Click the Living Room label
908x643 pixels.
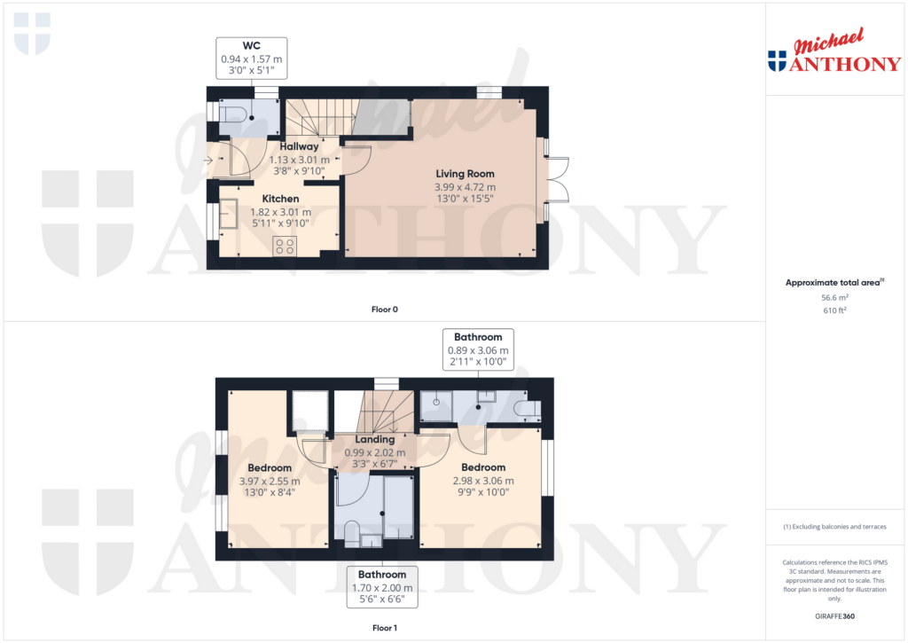[465, 174]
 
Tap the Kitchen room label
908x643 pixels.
[279, 199]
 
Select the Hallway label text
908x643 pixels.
[299, 146]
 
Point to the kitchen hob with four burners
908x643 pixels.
[286, 247]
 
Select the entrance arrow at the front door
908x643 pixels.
[207, 161]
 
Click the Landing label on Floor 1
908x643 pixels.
[374, 439]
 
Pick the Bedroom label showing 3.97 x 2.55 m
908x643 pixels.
[270, 467]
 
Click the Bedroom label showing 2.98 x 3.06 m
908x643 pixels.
[483, 467]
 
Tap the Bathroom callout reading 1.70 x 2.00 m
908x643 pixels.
[382, 587]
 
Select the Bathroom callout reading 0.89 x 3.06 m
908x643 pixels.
[478, 349]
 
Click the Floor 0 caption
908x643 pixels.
[385, 310]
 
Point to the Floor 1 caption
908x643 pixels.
[385, 628]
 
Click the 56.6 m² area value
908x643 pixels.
[836, 299]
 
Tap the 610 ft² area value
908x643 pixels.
[836, 311]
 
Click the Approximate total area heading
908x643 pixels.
[834, 283]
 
